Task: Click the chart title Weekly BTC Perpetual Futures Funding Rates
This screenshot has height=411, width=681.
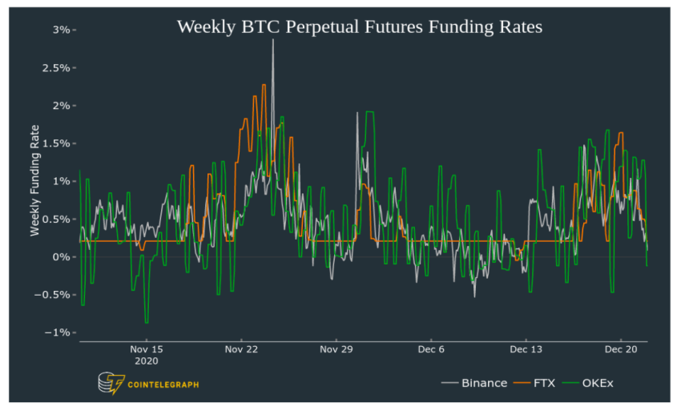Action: click(x=360, y=26)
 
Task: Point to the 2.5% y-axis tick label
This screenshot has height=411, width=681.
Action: click(x=56, y=67)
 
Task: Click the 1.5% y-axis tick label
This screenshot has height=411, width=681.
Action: click(x=56, y=143)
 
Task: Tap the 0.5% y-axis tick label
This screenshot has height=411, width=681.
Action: click(x=56, y=219)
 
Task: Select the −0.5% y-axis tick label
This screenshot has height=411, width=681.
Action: click(x=54, y=294)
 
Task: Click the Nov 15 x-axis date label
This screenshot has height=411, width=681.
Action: click(x=147, y=349)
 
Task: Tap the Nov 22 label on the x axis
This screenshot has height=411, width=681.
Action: click(x=241, y=349)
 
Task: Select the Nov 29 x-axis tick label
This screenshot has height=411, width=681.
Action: click(x=336, y=349)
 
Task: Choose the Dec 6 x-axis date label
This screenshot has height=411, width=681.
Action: click(x=431, y=349)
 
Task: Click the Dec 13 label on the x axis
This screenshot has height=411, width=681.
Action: click(x=526, y=349)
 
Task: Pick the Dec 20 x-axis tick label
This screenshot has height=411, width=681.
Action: click(x=620, y=349)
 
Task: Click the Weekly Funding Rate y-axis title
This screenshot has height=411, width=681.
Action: click(x=35, y=180)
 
